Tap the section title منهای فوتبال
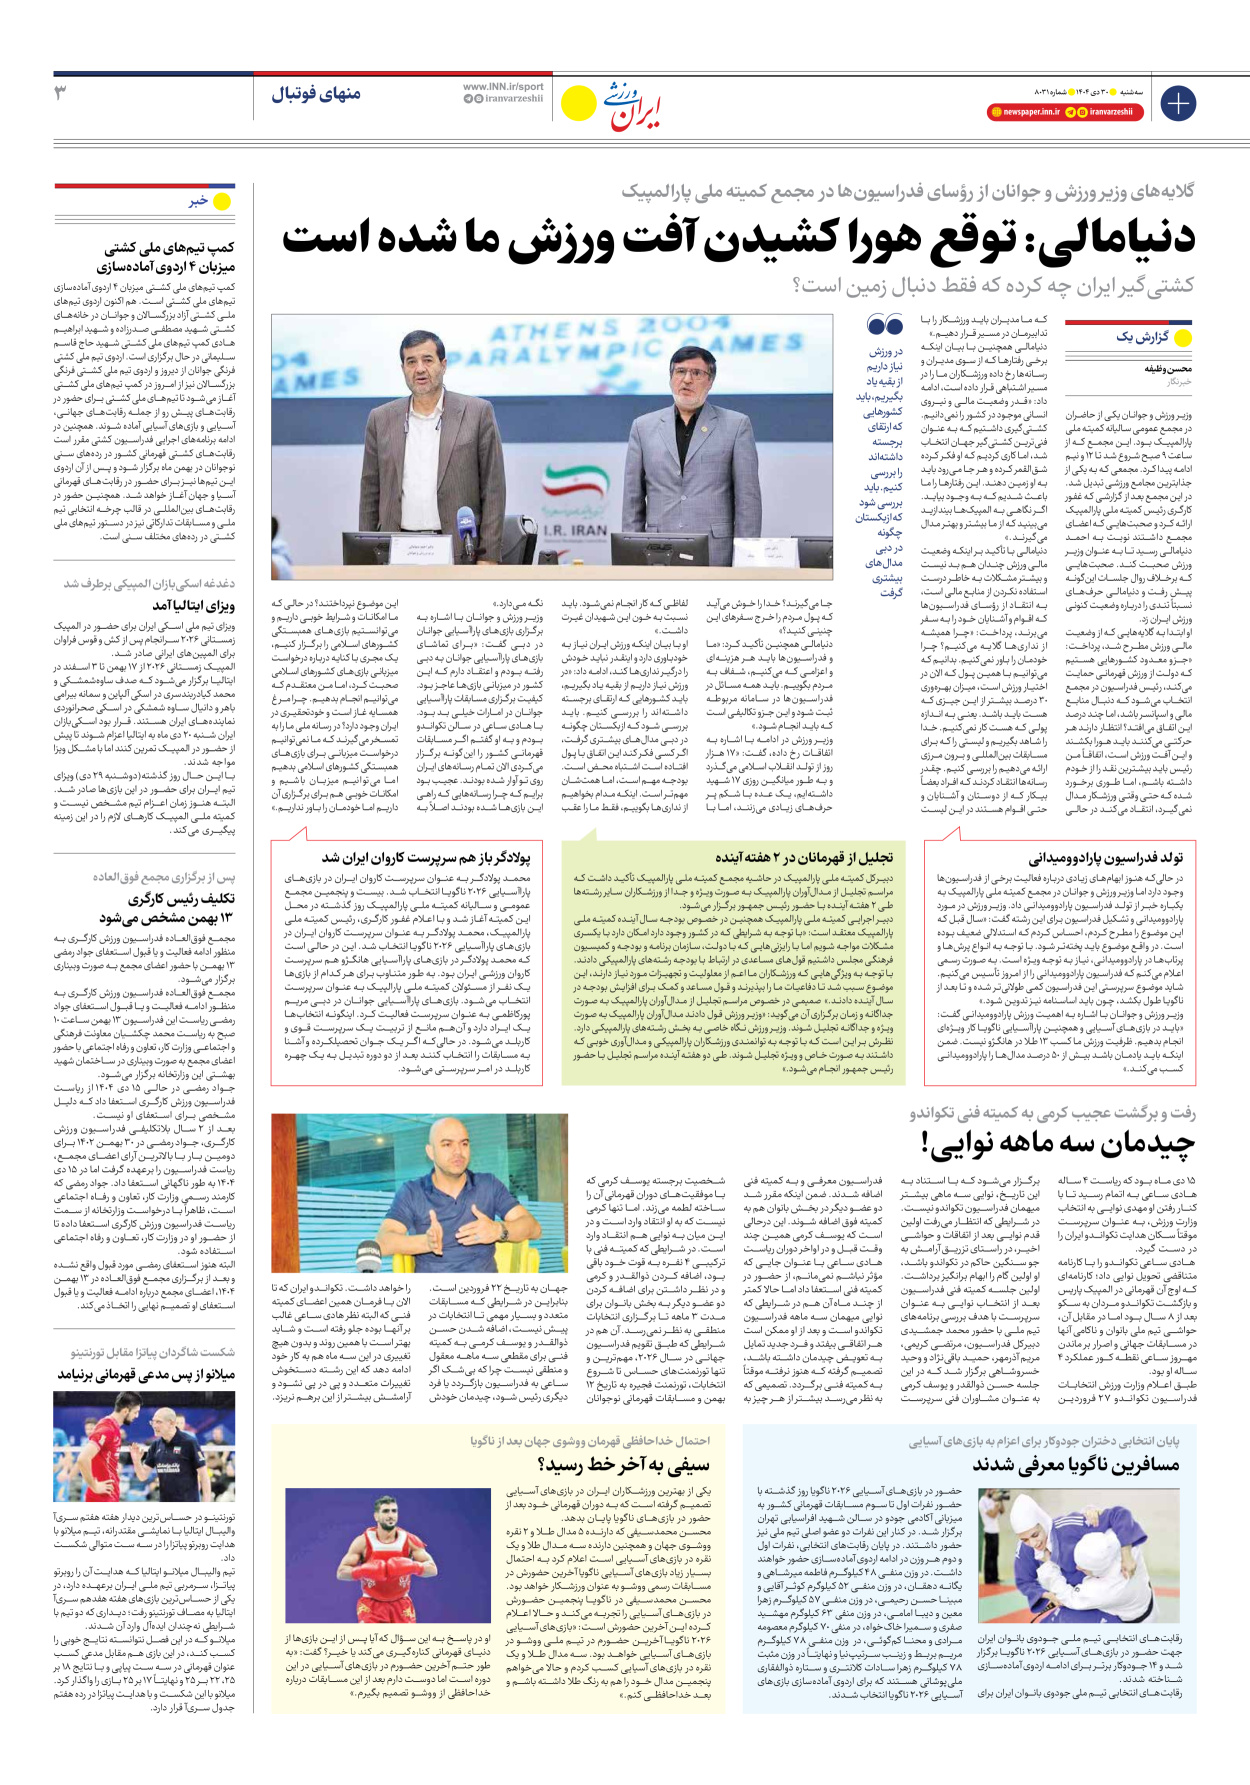(316, 94)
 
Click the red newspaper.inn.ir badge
(1024, 112)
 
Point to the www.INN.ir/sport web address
(503, 87)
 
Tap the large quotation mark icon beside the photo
(884, 326)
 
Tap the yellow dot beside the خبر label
(222, 202)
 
